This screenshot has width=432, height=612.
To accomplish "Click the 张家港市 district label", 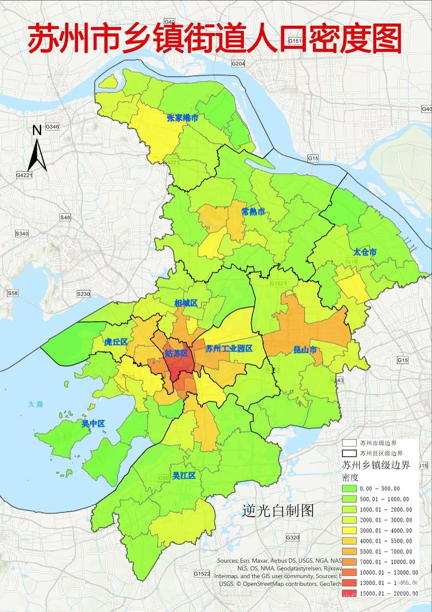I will pos(183,118).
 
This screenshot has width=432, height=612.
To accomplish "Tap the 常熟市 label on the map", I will pos(253,211).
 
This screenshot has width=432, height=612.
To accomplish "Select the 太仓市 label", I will pos(365,252).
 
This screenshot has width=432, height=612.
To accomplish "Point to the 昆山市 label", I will pos(305,350).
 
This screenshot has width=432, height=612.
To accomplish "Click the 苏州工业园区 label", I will pos(229,348).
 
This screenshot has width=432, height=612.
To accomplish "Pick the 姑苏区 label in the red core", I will pos(177,353).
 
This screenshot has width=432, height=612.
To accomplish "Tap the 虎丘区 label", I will pos(116,342).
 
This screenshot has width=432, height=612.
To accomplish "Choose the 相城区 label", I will pos(186,303).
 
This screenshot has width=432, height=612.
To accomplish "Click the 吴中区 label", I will pos(93,424).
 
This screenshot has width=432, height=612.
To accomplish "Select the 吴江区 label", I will pos(184,476).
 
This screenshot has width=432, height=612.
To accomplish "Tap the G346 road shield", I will pos(52,127).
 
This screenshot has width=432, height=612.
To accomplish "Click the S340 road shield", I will pos(21,234).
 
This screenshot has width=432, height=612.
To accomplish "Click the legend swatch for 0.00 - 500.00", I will pos(349,489).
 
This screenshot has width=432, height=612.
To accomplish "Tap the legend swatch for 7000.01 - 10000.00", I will pos(349,562).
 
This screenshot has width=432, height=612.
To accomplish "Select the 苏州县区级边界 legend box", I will pos(349,453).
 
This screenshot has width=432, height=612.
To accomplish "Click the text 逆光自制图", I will pos(278,510).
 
